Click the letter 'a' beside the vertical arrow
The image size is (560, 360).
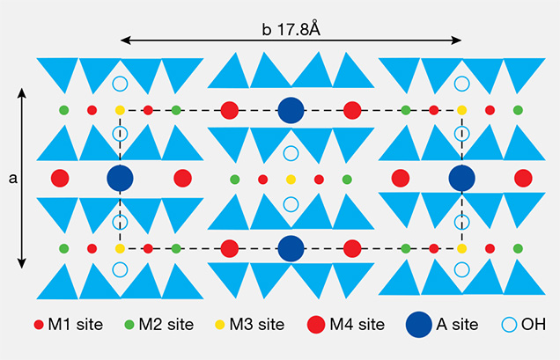click(12, 178)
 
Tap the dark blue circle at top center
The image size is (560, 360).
click(291, 110)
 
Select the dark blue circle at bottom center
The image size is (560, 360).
click(291, 248)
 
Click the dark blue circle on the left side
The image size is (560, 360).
click(121, 178)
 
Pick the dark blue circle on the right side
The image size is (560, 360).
click(461, 178)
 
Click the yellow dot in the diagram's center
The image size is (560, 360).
click(291, 180)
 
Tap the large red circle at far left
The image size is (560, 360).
click(61, 178)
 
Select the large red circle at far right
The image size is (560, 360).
click(523, 178)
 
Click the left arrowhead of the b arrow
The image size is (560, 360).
click(124, 40)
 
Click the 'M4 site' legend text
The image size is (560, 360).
click(357, 325)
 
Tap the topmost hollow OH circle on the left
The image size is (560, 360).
click(121, 85)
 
